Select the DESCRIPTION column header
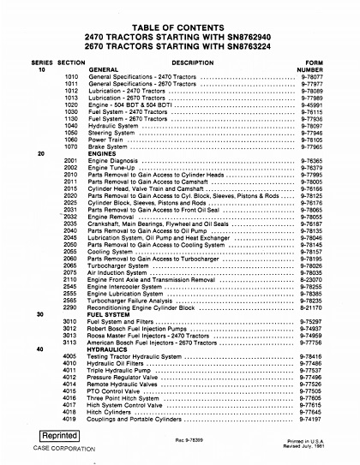(186, 63)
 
